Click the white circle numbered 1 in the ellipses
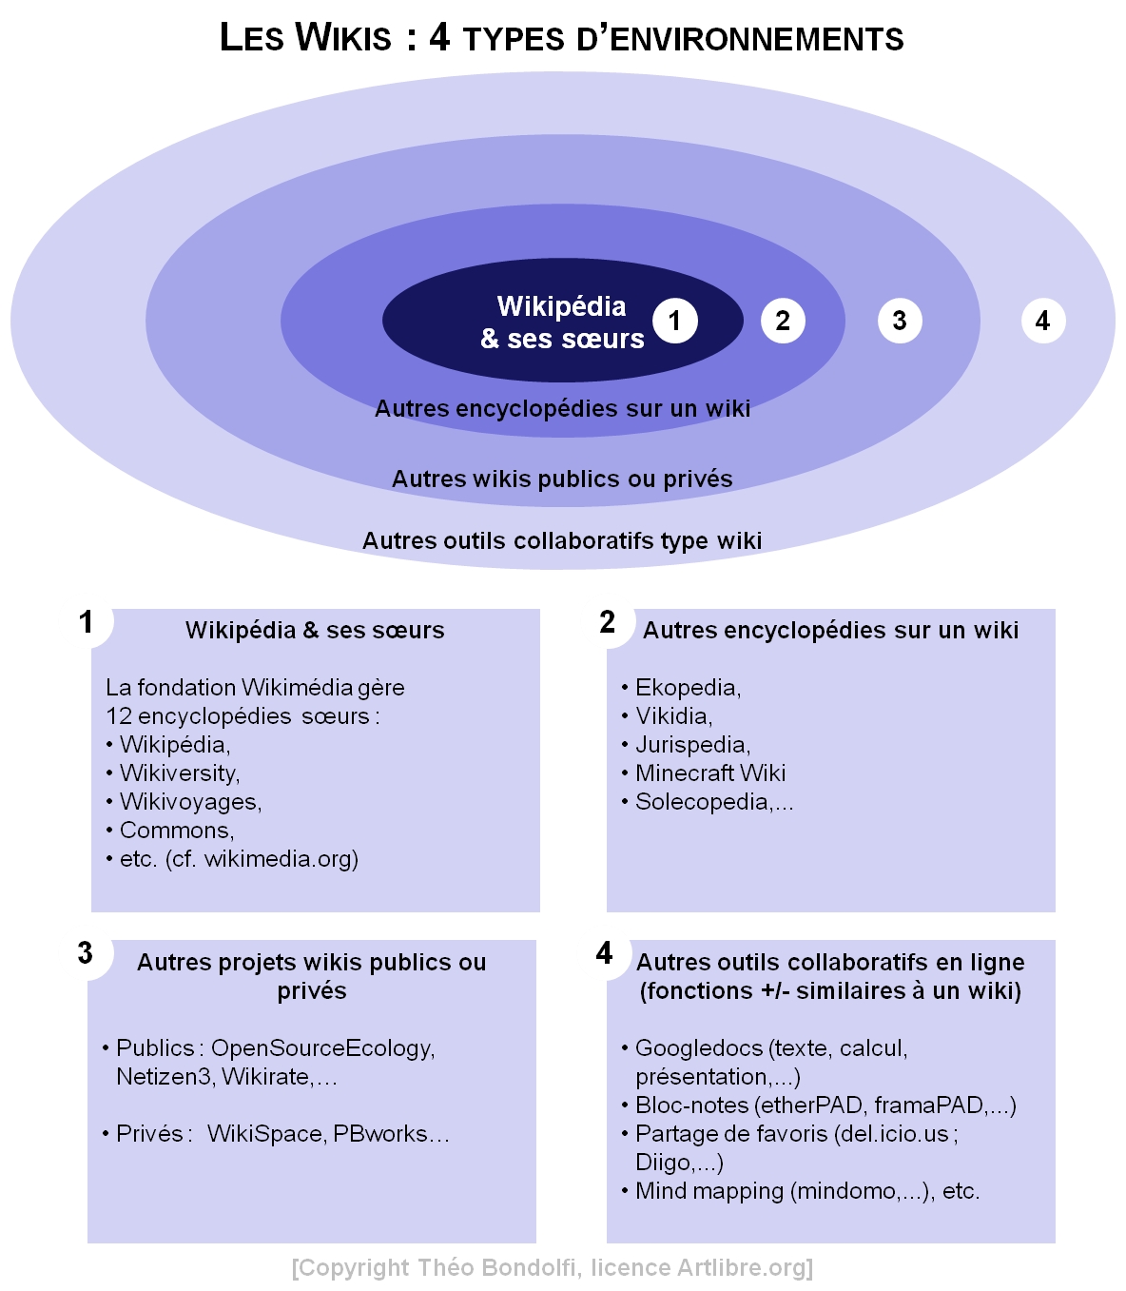pos(675,321)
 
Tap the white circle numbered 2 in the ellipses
pos(783,321)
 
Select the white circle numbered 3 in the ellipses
pos(900,321)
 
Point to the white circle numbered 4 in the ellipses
pos(1043,321)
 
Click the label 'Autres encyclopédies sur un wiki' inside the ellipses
pos(562,409)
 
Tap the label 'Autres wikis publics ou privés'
pos(562,479)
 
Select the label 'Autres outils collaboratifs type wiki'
pos(562,540)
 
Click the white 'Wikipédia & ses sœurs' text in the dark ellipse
pos(562,323)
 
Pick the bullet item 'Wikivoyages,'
pos(190,802)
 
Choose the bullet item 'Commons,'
pos(177,831)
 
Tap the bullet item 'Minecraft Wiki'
pos(710,773)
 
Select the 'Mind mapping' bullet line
pos(806,1191)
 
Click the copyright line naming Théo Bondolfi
pos(553,1268)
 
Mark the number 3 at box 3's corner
pos(86,953)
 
